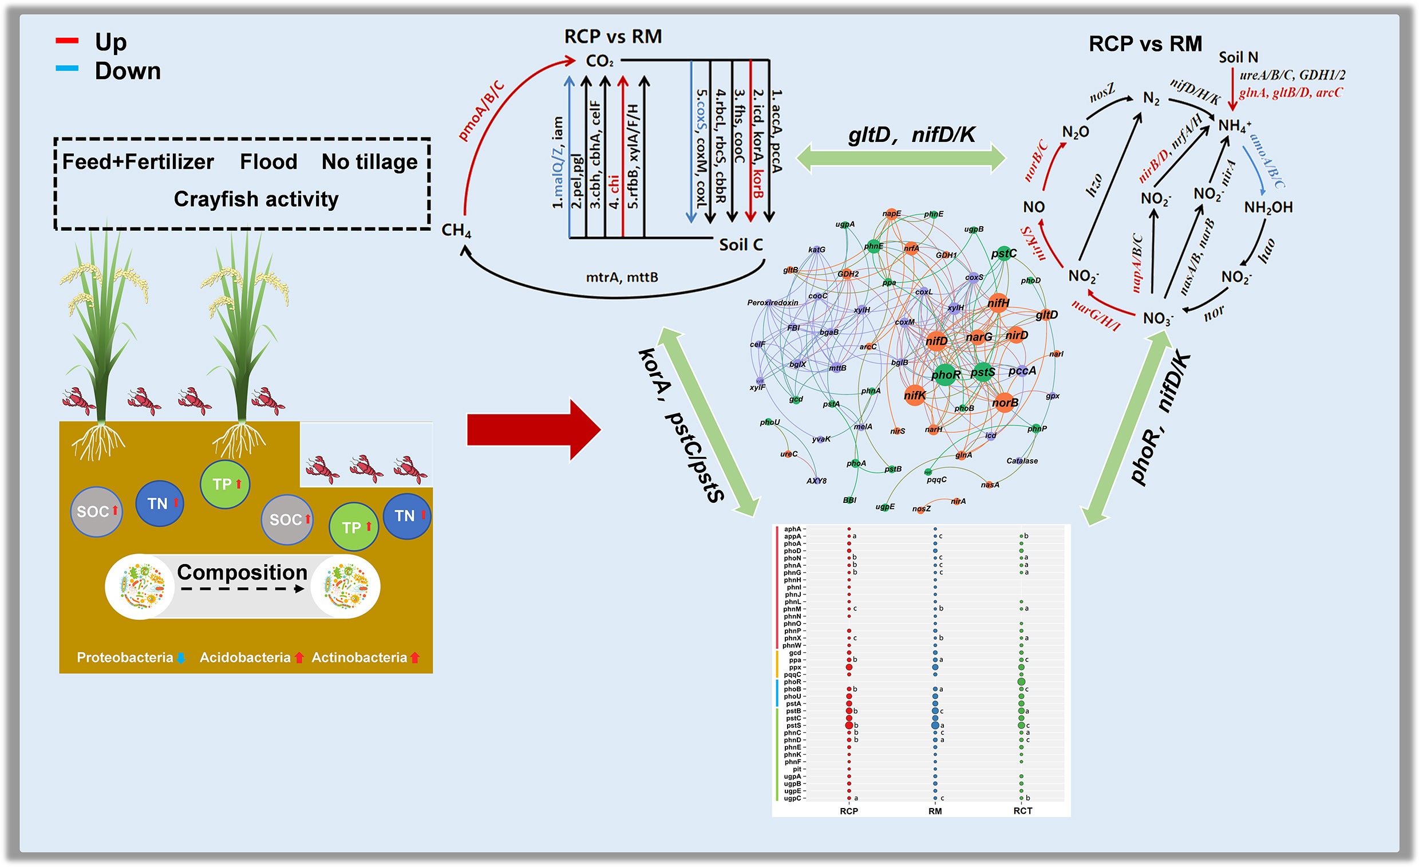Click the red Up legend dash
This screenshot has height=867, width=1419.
pyautogui.click(x=66, y=40)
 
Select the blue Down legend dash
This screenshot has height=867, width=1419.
pyautogui.click(x=66, y=68)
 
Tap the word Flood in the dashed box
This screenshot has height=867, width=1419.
pyautogui.click(x=268, y=162)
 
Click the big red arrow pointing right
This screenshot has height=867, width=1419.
pyautogui.click(x=533, y=429)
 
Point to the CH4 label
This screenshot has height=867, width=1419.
pyautogui.click(x=456, y=230)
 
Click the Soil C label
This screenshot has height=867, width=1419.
pyautogui.click(x=741, y=245)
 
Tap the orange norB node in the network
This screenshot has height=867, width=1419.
pyautogui.click(x=1005, y=402)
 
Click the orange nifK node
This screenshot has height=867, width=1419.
pyautogui.click(x=915, y=395)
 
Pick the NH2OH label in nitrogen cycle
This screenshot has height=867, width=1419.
pyautogui.click(x=1268, y=207)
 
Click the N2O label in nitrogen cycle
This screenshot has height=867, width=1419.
pyautogui.click(x=1075, y=132)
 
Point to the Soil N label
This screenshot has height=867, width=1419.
pyautogui.click(x=1238, y=58)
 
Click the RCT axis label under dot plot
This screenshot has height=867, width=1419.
pyautogui.click(x=1023, y=810)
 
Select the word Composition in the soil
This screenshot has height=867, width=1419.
pyautogui.click(x=242, y=572)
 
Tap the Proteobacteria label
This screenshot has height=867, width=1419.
pyautogui.click(x=125, y=657)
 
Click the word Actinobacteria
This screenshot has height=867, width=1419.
pyautogui.click(x=359, y=657)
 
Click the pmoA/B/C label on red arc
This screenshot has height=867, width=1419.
pyautogui.click(x=481, y=111)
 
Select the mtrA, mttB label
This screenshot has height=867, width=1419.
pyautogui.click(x=622, y=278)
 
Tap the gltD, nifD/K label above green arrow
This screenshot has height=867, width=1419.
pyautogui.click(x=912, y=135)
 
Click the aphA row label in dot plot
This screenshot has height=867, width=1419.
pyautogui.click(x=792, y=529)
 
